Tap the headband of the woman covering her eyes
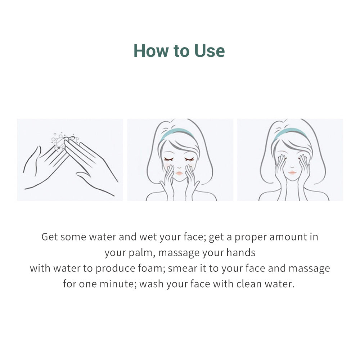[x=290, y=132]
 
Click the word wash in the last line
[x=151, y=284]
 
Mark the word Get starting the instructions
[x=49, y=237]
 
